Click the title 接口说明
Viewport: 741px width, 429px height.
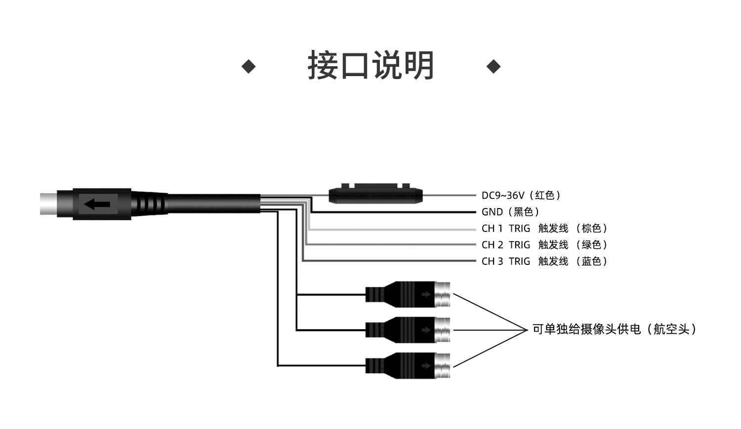[x=370, y=65]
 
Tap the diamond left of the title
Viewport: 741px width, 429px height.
[x=248, y=67]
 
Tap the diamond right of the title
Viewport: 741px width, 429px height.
[x=494, y=67]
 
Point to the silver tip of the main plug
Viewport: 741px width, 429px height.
[x=48, y=204]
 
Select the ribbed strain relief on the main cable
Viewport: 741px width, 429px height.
[x=149, y=203]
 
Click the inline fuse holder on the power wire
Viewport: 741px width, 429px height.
[x=375, y=193]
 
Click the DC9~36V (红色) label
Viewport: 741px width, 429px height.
[x=521, y=195]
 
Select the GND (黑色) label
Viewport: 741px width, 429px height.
[x=510, y=212]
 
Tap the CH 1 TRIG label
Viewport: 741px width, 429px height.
[x=506, y=228]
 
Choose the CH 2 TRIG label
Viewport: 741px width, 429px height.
[x=506, y=245]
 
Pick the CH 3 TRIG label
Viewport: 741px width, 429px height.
[x=506, y=261]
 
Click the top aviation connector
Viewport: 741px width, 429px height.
[x=408, y=294]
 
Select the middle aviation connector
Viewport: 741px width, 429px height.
[x=408, y=330]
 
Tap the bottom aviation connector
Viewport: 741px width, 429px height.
[x=408, y=366]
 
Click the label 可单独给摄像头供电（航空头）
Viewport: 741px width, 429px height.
[x=615, y=329]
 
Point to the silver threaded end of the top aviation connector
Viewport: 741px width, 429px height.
[x=442, y=294]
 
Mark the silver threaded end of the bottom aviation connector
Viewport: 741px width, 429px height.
[x=442, y=366]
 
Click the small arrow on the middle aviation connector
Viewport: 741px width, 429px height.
[x=426, y=330]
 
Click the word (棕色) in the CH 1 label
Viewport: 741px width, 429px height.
[x=591, y=228]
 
